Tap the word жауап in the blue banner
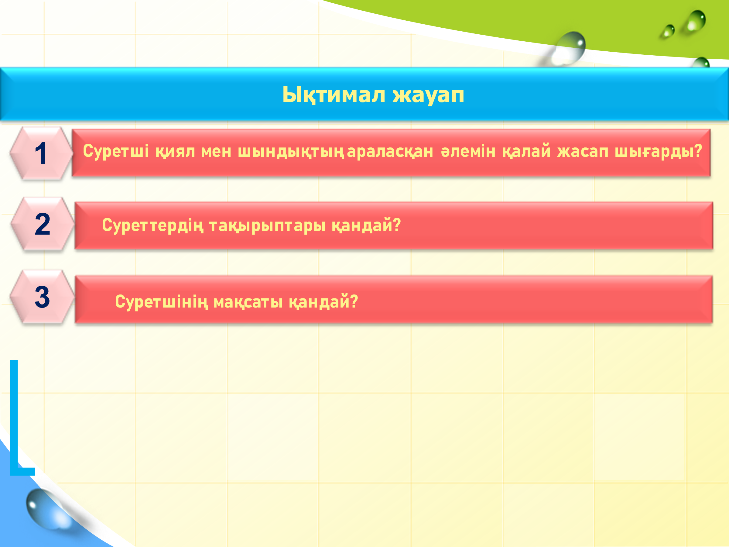pyautogui.click(x=428, y=96)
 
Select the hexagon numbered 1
pyautogui.click(x=41, y=153)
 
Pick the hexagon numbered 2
pyautogui.click(x=43, y=224)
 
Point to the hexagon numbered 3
pyautogui.click(x=42, y=297)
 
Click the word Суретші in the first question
pyautogui.click(x=116, y=151)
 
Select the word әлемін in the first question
pyautogui.click(x=468, y=151)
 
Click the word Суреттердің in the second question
pyautogui.click(x=152, y=225)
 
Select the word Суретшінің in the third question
pyautogui.click(x=162, y=302)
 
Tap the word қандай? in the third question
pyautogui.click(x=323, y=302)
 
